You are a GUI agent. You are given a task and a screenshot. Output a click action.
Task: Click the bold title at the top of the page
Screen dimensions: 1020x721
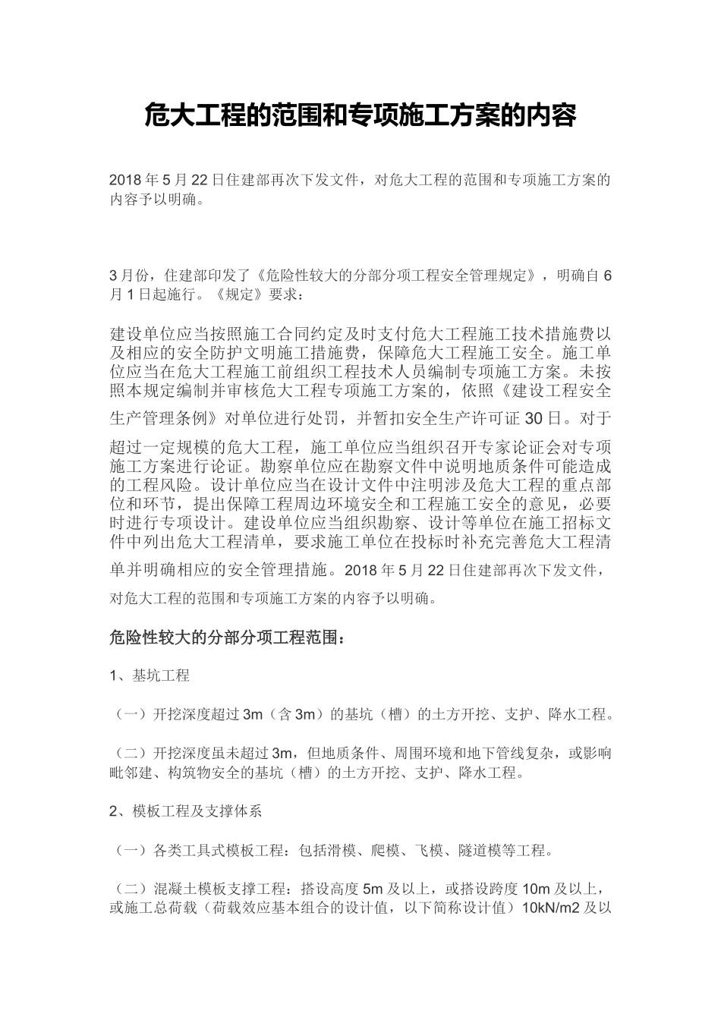360,116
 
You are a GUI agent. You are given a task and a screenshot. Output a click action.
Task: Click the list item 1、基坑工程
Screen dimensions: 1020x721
150,675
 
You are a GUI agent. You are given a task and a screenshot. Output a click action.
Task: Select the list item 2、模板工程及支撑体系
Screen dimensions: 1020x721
186,811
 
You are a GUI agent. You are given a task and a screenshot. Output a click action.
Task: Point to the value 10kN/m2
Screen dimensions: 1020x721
551,908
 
